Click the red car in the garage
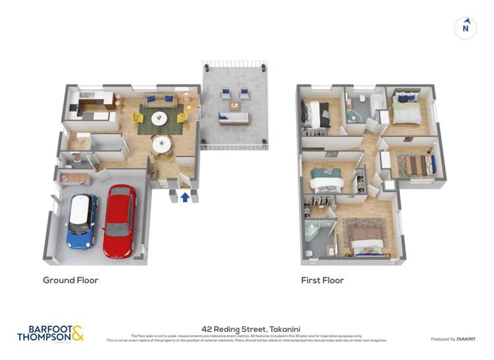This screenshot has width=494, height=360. pos(119,220)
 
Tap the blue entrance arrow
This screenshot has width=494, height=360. pos(185,195)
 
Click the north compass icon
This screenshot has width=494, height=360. pos(466,28)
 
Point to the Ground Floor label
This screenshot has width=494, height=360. pos(70,280)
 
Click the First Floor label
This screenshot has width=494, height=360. pos(323,280)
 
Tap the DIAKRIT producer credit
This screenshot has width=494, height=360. pos(453,339)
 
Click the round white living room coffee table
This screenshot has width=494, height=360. pos(159,118)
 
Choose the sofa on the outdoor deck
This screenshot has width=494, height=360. pos(234,118)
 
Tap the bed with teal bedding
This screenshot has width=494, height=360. pos(323,178)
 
